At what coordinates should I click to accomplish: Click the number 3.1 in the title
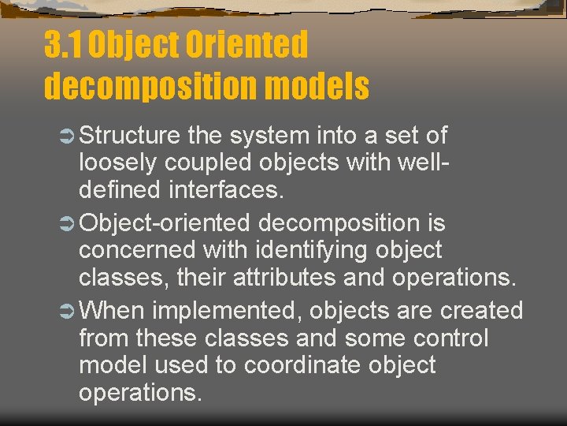click(63, 45)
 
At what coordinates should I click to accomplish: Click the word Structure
click(130, 136)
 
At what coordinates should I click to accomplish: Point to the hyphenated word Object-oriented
click(165, 223)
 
